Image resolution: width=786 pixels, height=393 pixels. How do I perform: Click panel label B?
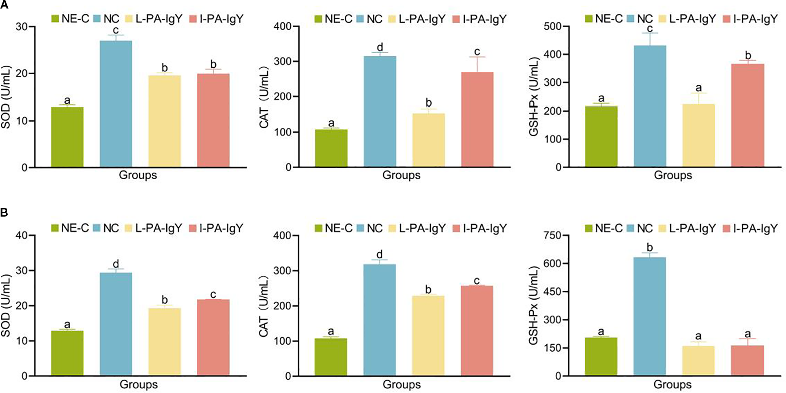tap(4, 213)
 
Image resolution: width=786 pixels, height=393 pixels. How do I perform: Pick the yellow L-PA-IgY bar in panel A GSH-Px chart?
tap(698, 135)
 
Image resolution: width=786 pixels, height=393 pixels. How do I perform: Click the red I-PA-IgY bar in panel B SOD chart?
tap(213, 337)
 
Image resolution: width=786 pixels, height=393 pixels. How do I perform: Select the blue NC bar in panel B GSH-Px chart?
tap(649, 316)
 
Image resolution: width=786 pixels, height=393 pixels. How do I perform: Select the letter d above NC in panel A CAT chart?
tap(380, 47)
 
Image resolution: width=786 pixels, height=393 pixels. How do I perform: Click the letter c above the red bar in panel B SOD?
tap(213, 294)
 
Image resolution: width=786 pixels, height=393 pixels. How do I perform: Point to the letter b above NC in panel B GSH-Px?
tap(650, 247)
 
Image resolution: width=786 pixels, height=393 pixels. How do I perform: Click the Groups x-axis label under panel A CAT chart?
tap(401, 175)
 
